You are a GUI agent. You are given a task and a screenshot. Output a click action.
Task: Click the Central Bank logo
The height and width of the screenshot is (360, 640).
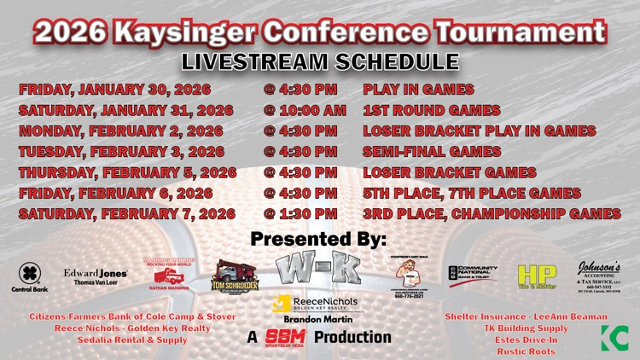(30, 277)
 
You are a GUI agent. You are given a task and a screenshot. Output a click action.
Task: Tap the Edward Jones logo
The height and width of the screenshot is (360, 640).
(96, 275)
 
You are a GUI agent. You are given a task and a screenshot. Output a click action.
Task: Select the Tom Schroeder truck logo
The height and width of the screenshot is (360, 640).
(235, 276)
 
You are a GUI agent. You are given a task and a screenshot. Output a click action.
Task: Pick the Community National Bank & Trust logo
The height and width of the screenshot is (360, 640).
(472, 276)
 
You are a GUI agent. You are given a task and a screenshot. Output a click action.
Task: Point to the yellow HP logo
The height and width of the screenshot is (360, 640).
(537, 276)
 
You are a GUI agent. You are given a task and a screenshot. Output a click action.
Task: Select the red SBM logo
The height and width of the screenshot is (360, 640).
(285, 337)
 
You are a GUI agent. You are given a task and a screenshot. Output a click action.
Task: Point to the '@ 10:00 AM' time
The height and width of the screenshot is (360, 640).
(305, 110)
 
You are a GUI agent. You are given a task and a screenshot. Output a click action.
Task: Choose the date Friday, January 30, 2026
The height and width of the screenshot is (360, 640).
(114, 90)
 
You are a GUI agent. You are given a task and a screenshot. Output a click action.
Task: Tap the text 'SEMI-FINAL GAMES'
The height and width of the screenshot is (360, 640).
(432, 152)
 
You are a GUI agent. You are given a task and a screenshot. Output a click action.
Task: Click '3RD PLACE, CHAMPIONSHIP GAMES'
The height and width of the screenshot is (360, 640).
(492, 213)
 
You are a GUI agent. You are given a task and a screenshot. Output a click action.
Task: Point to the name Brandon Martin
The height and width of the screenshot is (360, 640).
(319, 318)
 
